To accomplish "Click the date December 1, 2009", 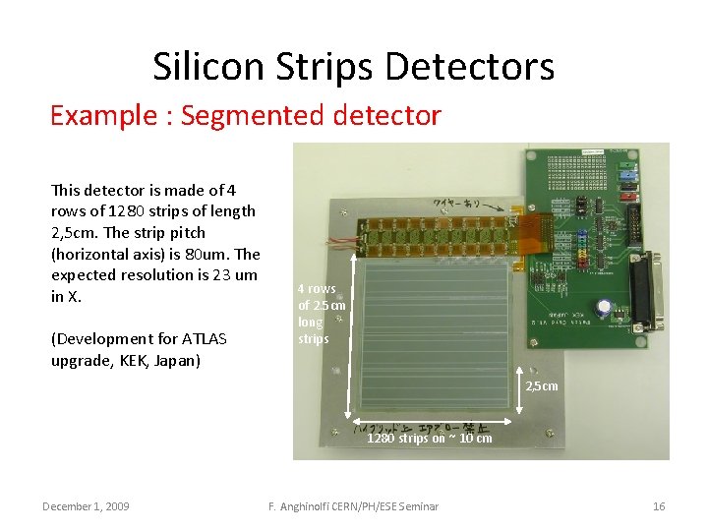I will (x=86, y=506).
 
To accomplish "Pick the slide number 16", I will (x=659, y=506).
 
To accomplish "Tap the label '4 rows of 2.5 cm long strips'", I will (x=321, y=314).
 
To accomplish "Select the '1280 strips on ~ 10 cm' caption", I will (x=430, y=439).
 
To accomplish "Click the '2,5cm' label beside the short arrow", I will (x=541, y=385).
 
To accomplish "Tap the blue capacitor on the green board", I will (x=611, y=306).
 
